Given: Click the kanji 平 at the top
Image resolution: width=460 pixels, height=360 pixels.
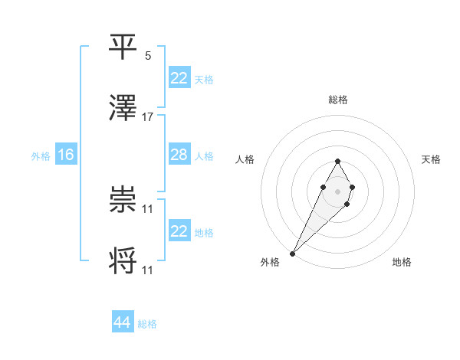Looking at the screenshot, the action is (124, 47).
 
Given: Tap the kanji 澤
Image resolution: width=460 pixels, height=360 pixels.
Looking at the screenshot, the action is (124, 108).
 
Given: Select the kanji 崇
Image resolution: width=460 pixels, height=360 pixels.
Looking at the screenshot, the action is (124, 199).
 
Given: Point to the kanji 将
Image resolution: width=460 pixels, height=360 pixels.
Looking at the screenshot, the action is (124, 260).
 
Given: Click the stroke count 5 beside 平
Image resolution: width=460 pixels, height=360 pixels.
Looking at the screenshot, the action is (148, 56).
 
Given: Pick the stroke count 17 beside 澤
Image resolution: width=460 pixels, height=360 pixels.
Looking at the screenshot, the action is (148, 117).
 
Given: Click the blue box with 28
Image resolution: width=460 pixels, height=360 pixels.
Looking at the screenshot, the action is (179, 155).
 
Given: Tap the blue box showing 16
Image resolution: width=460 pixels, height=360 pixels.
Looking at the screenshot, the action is (66, 155).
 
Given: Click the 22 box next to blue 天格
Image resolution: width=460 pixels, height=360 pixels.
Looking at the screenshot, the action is (179, 78).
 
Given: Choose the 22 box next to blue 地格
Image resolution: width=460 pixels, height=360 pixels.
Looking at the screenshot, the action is (179, 231).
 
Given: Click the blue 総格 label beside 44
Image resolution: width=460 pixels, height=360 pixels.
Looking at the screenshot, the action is (147, 324).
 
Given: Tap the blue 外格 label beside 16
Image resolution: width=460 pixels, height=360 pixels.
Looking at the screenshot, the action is (41, 155).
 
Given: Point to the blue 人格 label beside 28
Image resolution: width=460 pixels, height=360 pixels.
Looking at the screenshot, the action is (204, 155).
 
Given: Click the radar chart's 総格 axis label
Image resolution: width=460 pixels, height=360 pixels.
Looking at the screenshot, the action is (337, 100).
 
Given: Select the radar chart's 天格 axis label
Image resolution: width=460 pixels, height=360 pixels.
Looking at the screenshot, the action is (431, 159).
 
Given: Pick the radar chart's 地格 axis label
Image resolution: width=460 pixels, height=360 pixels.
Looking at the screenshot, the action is (402, 262).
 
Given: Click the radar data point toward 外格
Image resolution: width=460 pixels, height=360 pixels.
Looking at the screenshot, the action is (293, 252).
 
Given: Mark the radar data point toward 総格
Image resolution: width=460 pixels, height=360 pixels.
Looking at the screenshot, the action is (337, 161).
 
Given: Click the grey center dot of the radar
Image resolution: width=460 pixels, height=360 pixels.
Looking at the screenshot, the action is (337, 190).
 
